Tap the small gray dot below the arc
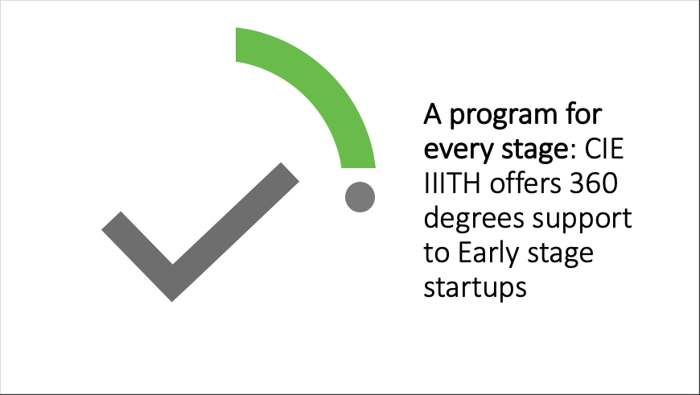point(360,197)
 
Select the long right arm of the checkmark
point(235,232)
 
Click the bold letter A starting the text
point(433,114)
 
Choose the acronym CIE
point(603,149)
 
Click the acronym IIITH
point(452,183)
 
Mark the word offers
point(525,183)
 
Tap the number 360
point(593,183)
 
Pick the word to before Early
point(437,253)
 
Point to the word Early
point(488,254)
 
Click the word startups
point(475,289)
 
